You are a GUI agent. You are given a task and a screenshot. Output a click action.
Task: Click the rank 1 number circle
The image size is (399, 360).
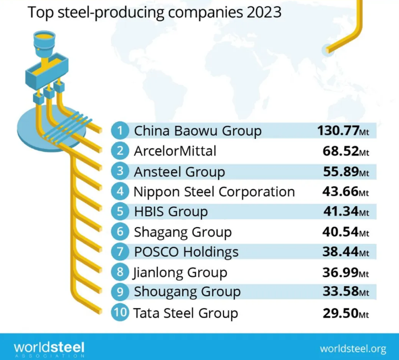click(x=119, y=131)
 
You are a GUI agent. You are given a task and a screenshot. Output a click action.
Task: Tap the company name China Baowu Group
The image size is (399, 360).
click(x=197, y=131)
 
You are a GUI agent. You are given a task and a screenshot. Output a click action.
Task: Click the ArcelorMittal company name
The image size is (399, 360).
click(x=175, y=151)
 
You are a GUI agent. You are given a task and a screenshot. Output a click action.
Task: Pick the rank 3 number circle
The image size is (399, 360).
click(x=119, y=171)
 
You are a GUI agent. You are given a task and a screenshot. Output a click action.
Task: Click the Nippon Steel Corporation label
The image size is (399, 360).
click(x=214, y=191)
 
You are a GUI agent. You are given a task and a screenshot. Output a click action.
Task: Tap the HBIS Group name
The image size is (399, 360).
click(x=171, y=212)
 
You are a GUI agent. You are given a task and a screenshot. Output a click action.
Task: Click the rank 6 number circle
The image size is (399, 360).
click(x=119, y=232)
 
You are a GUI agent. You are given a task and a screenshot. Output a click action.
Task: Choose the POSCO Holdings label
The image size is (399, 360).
click(x=186, y=252)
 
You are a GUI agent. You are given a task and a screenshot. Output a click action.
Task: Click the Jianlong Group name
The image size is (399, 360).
click(x=180, y=272)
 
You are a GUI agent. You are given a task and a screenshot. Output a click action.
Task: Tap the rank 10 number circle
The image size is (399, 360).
click(x=119, y=313)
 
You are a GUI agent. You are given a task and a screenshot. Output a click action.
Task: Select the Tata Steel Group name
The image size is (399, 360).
click(x=185, y=313)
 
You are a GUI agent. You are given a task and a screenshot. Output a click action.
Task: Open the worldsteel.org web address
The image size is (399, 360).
click(x=353, y=348)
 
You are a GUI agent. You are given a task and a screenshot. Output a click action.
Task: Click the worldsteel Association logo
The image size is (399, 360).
click(x=49, y=348)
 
